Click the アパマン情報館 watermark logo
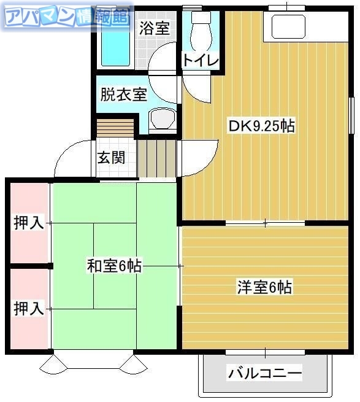pyautogui.click(x=67, y=17)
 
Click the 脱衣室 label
pyautogui.click(x=123, y=95)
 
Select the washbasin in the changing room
pyautogui.click(x=163, y=118)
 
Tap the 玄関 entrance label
pyautogui.click(x=111, y=158)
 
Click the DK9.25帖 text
pyautogui.click(x=261, y=126)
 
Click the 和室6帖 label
pyautogui.click(x=114, y=266)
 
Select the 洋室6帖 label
pyautogui.click(x=264, y=287)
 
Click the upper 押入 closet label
pyautogui.click(x=28, y=223)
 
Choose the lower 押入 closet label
pyautogui.click(x=28, y=308)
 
